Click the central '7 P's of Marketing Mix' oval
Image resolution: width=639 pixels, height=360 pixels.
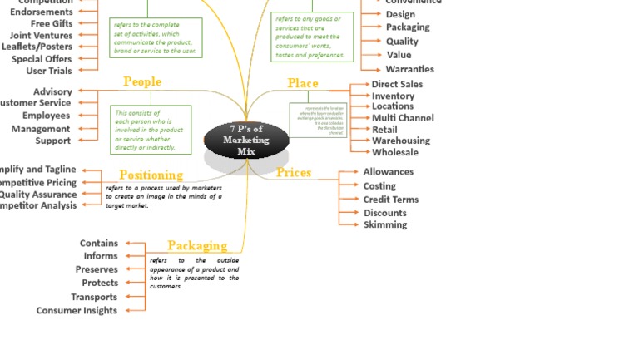246,140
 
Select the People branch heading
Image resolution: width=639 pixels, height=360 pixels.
142,81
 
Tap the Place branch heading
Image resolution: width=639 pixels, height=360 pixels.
303,83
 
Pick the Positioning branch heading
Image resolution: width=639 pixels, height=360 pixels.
151,175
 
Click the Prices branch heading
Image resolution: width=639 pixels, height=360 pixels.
294,172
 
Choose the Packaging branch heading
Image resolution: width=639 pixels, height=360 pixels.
197,245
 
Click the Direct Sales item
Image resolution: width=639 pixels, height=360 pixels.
397,84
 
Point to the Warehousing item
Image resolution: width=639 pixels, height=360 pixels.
401,141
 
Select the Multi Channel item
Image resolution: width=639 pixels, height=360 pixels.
403,118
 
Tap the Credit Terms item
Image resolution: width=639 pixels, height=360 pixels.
390,200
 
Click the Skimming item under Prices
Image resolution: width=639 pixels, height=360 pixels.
385,224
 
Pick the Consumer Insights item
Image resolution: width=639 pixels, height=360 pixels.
77,310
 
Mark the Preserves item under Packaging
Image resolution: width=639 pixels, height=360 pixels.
97,269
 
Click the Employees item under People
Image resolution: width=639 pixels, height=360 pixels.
46,116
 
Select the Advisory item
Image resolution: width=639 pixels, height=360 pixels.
52,91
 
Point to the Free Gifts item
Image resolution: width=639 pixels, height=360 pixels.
51,23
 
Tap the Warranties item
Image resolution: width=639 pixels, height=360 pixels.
409,69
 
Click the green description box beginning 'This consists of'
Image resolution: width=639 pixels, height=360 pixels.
151,130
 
